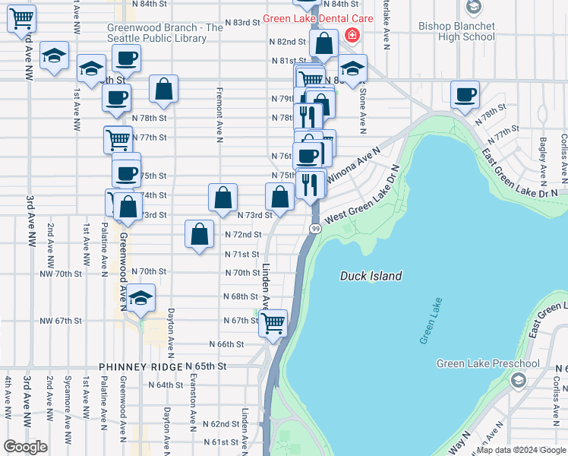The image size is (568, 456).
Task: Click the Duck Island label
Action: coord(371,276)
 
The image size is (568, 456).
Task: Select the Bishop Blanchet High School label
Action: coord(456,31)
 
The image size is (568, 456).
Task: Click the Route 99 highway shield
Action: coord(314,229)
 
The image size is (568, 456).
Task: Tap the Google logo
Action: coord(26,447)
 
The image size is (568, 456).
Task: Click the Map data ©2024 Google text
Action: coord(521,450)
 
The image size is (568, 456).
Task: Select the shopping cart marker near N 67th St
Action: coord(273,322)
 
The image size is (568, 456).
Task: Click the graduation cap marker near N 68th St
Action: coord(141,299)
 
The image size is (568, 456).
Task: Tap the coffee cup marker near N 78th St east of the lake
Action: coord(465,94)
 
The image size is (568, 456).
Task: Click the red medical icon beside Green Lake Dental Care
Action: coord(352,35)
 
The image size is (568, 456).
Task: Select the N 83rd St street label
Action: coord(244,23)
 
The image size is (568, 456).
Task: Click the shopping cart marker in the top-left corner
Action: coord(21,20)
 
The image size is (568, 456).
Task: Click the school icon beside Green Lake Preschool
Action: coord(519,379)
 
